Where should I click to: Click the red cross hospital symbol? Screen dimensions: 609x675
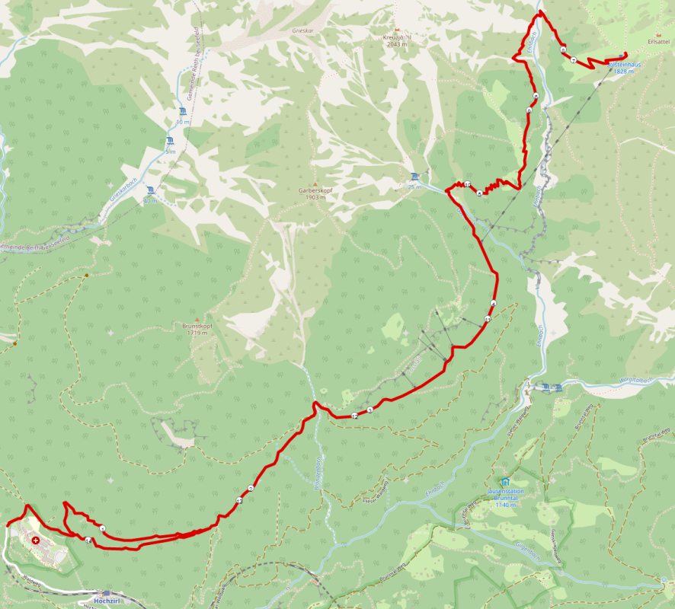point(35,539)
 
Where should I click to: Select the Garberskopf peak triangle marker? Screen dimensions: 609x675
point(312,184)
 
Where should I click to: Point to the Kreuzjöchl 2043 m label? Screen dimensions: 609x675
point(397,40)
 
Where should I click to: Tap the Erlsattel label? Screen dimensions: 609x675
point(657,40)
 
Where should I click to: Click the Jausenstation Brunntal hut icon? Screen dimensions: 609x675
point(504,482)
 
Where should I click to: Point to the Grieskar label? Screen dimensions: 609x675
point(302,31)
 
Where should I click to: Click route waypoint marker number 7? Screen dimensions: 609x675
point(572,59)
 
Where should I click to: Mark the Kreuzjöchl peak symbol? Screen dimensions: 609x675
point(396,29)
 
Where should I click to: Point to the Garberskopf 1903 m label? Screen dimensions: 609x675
point(312,194)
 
